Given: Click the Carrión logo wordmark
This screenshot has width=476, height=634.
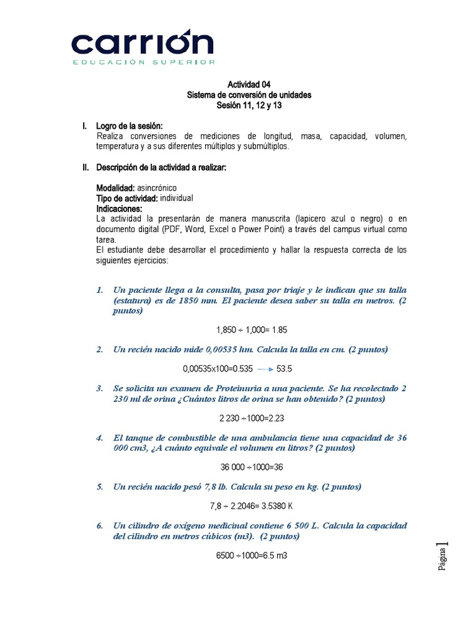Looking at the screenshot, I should [x=142, y=43].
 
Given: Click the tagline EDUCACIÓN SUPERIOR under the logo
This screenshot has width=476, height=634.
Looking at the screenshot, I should [x=144, y=63].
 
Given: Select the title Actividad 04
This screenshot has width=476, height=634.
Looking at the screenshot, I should [x=249, y=85].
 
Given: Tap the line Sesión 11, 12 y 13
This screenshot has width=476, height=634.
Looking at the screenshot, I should [x=249, y=105].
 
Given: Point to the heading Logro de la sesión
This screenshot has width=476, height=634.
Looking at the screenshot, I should [x=129, y=126].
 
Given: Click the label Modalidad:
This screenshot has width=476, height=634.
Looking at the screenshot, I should [x=115, y=188].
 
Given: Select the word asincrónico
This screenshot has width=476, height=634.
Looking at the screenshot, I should [x=156, y=188].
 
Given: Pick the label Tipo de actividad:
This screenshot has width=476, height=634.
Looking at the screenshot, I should [x=127, y=198].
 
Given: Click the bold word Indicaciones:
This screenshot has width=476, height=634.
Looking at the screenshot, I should [x=119, y=209].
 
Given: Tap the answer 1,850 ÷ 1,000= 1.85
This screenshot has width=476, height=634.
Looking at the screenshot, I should [x=252, y=330].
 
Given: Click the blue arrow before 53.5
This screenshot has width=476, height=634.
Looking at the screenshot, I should [x=265, y=369].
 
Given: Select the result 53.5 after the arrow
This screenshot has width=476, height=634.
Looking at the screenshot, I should [x=284, y=369].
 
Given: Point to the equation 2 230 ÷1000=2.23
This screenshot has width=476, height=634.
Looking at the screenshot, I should [x=252, y=418].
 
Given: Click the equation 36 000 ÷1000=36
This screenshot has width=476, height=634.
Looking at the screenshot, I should [x=252, y=467].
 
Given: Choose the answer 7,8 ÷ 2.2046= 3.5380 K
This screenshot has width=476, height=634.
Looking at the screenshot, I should [x=252, y=506].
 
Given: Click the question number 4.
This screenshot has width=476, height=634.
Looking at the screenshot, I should [x=99, y=438].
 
